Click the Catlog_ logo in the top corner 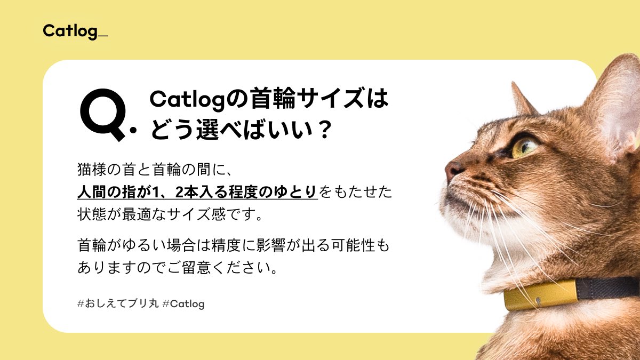coord(75,31)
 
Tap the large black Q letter coord(103,115)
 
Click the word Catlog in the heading coord(187,100)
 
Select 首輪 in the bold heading coord(273,99)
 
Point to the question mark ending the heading coord(324,130)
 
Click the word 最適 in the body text coord(137,214)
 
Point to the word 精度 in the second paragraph coord(226,245)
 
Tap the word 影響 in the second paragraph coord(270,245)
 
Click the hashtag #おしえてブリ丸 coord(118,303)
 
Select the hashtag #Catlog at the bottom coord(183,303)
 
